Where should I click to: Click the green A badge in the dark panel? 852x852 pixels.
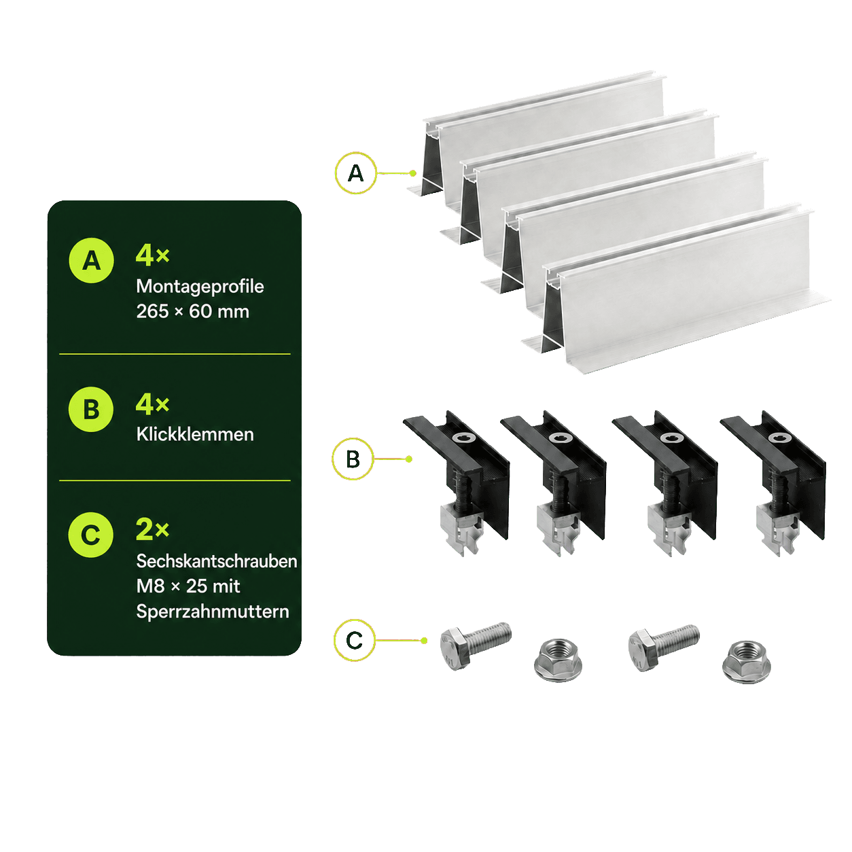point(92,260)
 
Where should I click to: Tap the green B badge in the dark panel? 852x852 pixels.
point(91,410)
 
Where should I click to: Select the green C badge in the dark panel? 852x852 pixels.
point(91,535)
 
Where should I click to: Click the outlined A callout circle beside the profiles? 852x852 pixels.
point(356,173)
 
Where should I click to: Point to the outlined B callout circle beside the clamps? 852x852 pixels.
point(353,459)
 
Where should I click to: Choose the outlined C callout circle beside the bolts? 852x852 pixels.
point(354,640)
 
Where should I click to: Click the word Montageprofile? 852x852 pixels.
point(200,287)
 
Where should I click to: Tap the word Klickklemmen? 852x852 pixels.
point(195,434)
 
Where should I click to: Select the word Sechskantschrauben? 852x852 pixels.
point(217,561)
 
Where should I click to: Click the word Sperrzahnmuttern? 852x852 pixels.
point(213,611)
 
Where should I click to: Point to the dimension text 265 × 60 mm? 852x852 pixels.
point(193,312)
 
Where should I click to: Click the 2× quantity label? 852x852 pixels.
point(153,529)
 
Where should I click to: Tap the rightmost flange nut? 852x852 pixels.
point(747,662)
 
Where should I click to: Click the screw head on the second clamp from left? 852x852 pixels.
point(557,438)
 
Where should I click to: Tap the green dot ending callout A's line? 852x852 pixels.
point(412,173)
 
